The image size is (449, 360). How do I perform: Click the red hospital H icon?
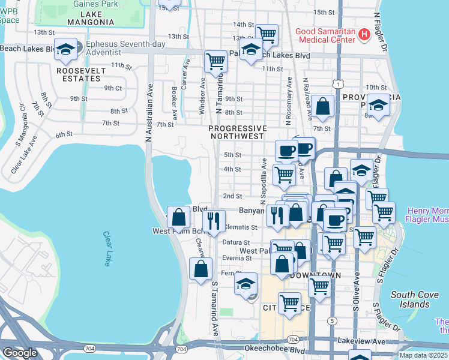tap(363, 35)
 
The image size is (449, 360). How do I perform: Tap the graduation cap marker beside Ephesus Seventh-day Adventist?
tap(66, 51)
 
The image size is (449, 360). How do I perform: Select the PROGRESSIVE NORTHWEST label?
tap(237, 132)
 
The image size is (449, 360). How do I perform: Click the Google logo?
tap(20, 353)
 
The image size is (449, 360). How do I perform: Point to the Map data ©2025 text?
tap(424, 355)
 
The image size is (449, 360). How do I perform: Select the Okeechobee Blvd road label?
tap(270, 348)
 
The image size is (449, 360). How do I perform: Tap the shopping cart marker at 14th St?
tap(266, 34)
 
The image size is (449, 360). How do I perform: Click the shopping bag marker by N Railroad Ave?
tap(322, 106)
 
